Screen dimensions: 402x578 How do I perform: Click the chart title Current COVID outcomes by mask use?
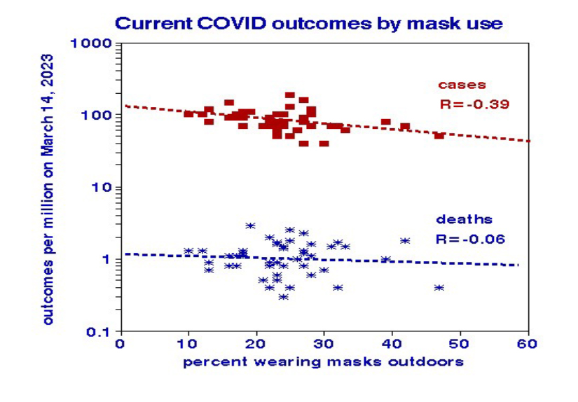[x=308, y=22]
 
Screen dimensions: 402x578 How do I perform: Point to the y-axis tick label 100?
[x=99, y=115]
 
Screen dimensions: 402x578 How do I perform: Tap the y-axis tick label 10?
[x=103, y=187]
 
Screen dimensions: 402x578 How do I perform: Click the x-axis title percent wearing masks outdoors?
[x=323, y=362]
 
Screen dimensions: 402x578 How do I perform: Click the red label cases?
[x=462, y=85]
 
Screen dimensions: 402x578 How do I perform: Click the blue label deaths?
[x=465, y=220]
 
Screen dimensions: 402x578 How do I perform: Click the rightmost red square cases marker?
[x=439, y=135]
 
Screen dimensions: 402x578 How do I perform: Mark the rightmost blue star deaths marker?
[x=439, y=287]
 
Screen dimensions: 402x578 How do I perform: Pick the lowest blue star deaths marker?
[x=283, y=297]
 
